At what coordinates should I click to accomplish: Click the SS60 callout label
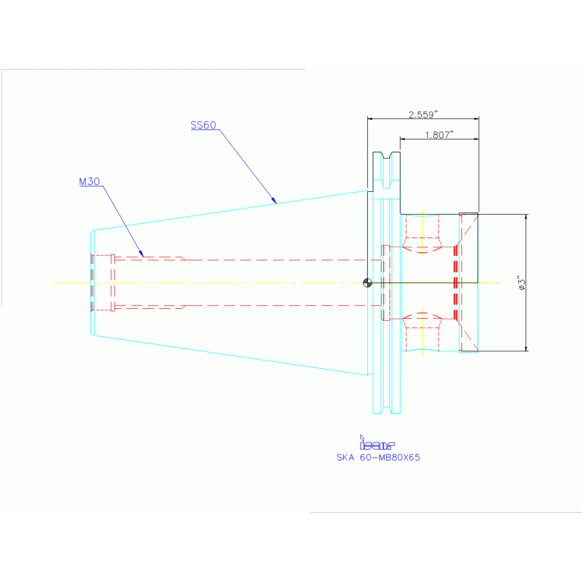click(x=203, y=125)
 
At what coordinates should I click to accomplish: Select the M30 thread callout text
click(x=90, y=181)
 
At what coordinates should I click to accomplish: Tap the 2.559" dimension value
click(x=423, y=115)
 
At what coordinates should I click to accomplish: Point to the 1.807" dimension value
click(x=439, y=135)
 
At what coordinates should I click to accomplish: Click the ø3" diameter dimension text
click(x=521, y=282)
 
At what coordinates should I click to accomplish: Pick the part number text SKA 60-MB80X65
click(x=378, y=458)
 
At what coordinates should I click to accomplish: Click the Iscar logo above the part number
click(x=377, y=444)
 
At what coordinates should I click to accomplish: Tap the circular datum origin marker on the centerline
click(x=367, y=282)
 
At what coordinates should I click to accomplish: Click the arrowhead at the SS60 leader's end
click(x=274, y=202)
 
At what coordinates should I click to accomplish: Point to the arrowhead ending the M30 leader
click(x=141, y=254)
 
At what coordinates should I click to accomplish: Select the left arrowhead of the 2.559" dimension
click(x=370, y=118)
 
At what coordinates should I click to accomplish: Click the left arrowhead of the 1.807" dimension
click(x=403, y=140)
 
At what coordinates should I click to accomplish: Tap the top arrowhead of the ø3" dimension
click(x=525, y=217)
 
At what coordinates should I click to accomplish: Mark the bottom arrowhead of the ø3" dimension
click(x=525, y=348)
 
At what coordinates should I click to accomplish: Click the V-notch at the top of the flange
click(x=386, y=156)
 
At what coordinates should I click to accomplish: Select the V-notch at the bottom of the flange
click(x=386, y=409)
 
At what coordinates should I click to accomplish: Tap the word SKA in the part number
click(x=344, y=458)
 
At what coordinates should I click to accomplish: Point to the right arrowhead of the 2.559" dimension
click(x=476, y=118)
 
